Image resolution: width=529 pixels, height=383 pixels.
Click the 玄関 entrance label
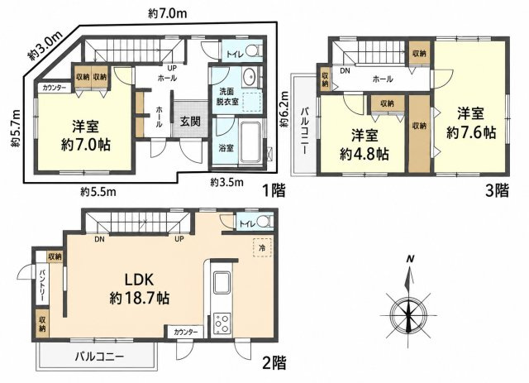(x=190, y=122)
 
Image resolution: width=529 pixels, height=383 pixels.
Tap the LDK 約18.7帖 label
(x=140, y=289)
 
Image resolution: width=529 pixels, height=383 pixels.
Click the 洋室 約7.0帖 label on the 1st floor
(x=85, y=136)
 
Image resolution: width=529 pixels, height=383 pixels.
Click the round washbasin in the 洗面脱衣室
(x=250, y=76)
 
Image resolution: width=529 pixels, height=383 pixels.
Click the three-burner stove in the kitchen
(x=222, y=324)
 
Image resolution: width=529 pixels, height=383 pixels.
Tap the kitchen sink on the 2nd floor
(x=221, y=283)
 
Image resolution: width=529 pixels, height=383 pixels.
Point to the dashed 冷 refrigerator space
(x=262, y=248)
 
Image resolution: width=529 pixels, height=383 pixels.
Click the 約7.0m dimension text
(x=167, y=14)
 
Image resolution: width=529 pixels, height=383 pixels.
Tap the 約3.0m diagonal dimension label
(x=46, y=45)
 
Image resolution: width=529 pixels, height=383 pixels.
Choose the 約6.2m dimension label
(x=284, y=109)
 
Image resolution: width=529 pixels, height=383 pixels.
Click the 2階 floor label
(x=274, y=363)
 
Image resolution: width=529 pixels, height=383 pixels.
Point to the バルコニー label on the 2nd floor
(x=99, y=357)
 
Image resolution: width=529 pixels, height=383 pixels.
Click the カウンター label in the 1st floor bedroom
(x=55, y=88)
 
